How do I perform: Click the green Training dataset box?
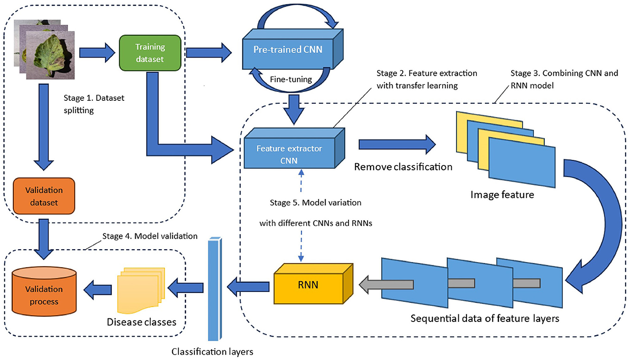coord(150,53)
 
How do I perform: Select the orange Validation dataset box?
coord(44,196)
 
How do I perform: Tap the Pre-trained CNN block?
coord(292,49)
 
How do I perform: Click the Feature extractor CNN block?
coord(294,148)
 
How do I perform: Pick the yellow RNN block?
coord(313,283)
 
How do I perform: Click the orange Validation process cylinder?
coord(44,292)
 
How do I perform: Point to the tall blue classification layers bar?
coord(215,289)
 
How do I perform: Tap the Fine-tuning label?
coord(291,79)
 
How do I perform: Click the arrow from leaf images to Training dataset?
coord(97,53)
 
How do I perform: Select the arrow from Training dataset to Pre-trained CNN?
coord(209,53)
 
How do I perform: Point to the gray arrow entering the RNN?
coord(386,285)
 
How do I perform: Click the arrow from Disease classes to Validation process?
coord(97,290)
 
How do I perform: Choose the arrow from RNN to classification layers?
coord(248,287)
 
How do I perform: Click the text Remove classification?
coord(403,167)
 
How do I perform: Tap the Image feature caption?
coord(502,195)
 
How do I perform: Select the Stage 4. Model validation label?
coord(150,236)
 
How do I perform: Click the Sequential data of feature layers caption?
coord(485,318)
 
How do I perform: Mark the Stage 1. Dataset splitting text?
coord(94,104)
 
